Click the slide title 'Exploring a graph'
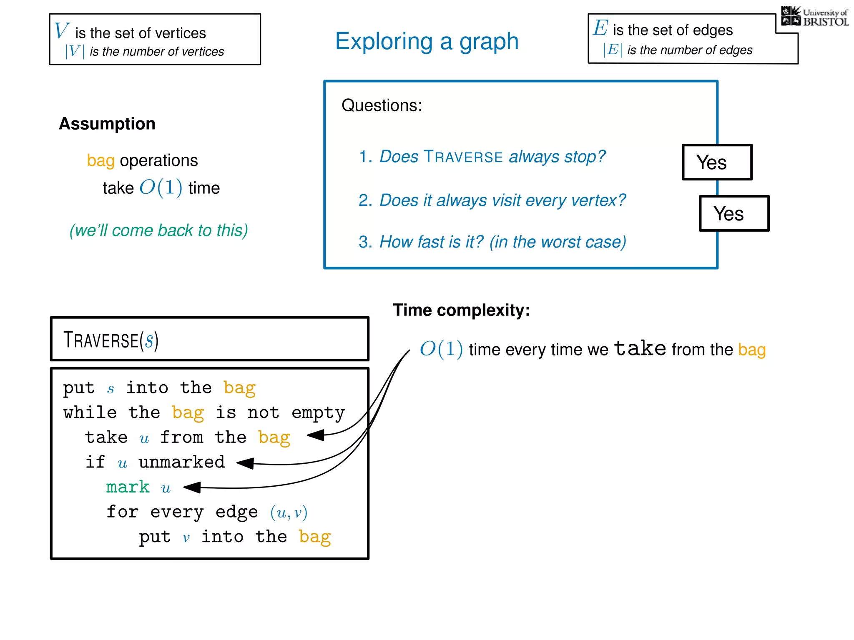427,42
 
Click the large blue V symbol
61,31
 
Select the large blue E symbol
600,28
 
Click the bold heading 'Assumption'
107,124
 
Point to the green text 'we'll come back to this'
158,230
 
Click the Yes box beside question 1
717,162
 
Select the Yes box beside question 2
734,213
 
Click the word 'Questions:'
382,105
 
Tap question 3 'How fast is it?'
492,242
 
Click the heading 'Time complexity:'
461,310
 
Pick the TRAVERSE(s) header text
111,340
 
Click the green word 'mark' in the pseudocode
128,487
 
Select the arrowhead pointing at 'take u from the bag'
316,435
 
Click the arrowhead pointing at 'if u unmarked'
245,463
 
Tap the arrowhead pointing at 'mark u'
192,487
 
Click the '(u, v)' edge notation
289,512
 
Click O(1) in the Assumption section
161,187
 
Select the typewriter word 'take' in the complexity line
640,348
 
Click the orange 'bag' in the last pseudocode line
315,537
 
